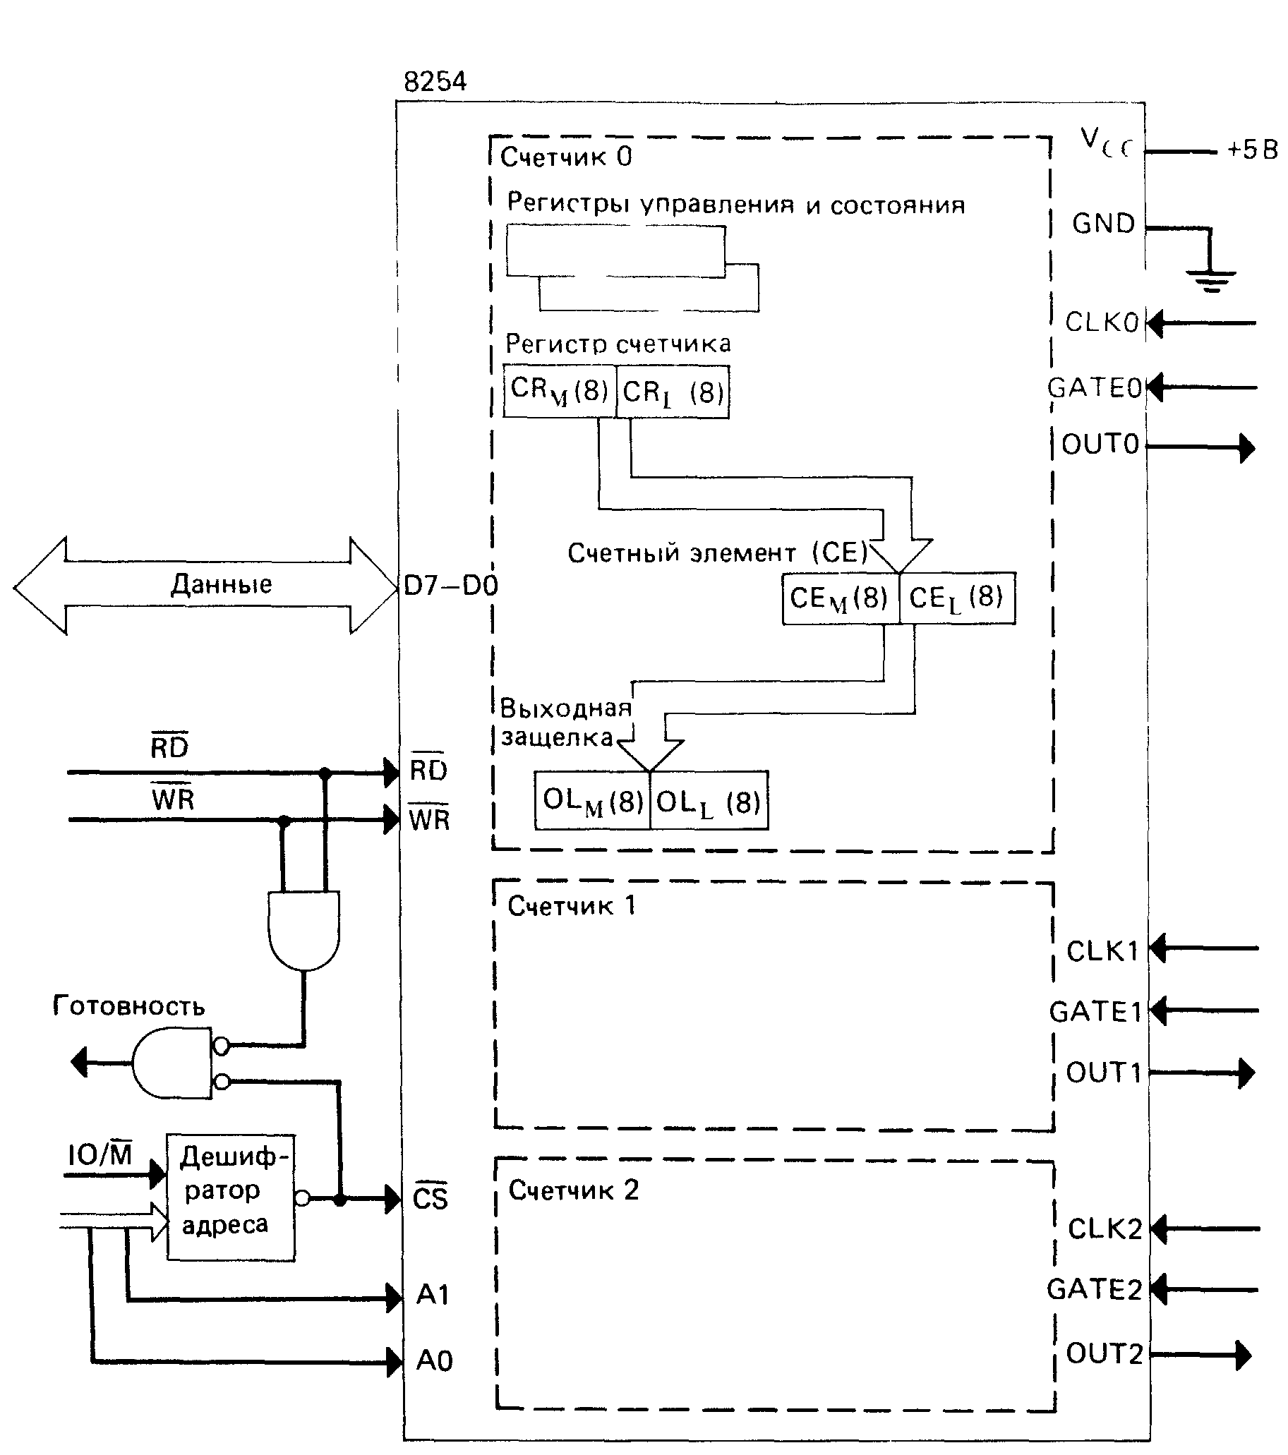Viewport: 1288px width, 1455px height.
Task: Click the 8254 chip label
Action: (x=435, y=83)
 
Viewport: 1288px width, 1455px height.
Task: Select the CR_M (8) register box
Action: (x=559, y=391)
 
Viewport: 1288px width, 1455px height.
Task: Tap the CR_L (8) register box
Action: (x=672, y=392)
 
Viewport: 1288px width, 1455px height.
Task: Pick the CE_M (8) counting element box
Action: (x=840, y=598)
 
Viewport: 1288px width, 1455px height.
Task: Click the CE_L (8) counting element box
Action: (x=958, y=598)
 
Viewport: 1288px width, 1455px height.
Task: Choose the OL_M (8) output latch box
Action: (x=592, y=801)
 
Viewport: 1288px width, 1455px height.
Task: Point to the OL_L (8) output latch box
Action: (x=709, y=801)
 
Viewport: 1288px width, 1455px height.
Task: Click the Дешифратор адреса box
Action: (x=231, y=1198)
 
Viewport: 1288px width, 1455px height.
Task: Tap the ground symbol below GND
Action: (x=1210, y=279)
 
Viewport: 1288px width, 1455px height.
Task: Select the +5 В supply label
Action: (x=1252, y=150)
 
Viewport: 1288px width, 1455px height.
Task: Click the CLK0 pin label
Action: (x=1102, y=322)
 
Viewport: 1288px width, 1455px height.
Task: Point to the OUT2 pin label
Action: (x=1105, y=1353)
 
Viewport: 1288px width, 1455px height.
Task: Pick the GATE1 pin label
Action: (x=1095, y=1012)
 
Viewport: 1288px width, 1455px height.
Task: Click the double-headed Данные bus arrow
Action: (x=207, y=585)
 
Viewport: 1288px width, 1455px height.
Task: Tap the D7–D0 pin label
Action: (x=450, y=586)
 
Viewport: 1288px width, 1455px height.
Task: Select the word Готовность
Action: (x=129, y=1006)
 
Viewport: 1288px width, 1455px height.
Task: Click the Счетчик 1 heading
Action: (x=571, y=906)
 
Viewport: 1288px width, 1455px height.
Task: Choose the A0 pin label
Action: (x=434, y=1360)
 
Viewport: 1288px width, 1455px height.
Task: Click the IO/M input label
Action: (x=100, y=1154)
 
